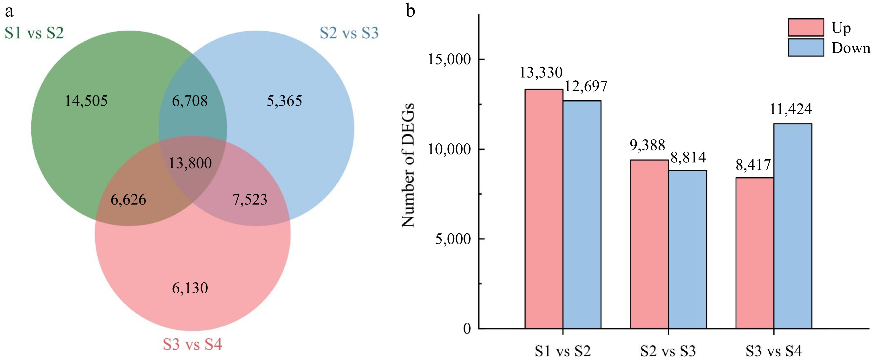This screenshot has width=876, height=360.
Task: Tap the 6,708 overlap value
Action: (x=190, y=101)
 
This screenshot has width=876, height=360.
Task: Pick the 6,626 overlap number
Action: (x=128, y=199)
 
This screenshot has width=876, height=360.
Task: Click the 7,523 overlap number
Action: (x=250, y=199)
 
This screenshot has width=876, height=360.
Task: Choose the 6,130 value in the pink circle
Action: (x=190, y=288)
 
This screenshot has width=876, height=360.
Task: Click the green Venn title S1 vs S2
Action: (x=34, y=33)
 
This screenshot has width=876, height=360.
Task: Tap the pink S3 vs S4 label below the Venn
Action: (x=192, y=344)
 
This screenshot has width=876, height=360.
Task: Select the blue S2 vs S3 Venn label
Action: (x=349, y=33)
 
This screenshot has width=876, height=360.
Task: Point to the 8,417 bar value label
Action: (x=753, y=165)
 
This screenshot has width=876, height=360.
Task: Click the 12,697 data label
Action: (x=586, y=86)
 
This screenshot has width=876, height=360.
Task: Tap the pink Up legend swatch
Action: (x=806, y=27)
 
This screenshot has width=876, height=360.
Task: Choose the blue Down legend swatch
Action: (x=806, y=47)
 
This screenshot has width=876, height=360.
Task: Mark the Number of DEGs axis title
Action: (x=408, y=165)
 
